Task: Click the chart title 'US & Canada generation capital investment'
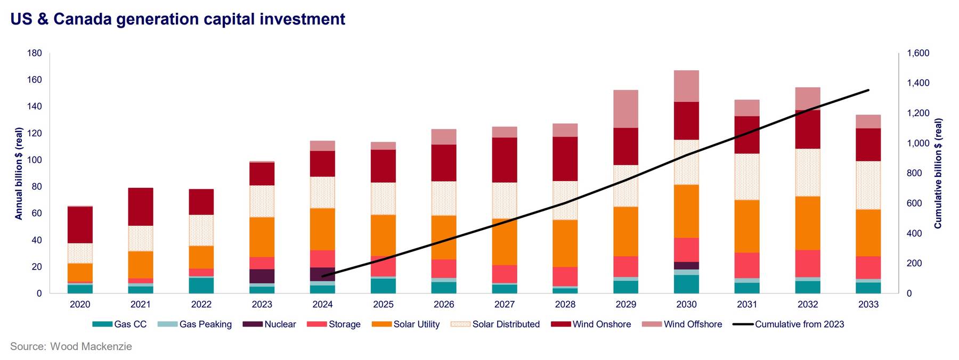tap(177, 19)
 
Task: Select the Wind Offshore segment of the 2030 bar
tap(686, 86)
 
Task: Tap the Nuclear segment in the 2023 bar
tap(262, 276)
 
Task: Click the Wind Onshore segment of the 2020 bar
tap(80, 225)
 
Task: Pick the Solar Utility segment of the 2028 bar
tap(565, 243)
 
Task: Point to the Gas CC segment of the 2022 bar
tap(201, 285)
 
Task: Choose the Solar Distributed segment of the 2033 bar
tap(868, 185)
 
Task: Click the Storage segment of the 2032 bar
tap(808, 264)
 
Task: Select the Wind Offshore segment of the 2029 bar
tap(625, 109)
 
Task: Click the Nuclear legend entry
tap(269, 324)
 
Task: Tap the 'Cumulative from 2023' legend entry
tap(789, 324)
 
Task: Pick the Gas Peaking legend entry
tap(195, 324)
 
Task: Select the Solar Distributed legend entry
tap(495, 324)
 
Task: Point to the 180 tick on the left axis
tap(34, 53)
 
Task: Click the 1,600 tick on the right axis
tap(919, 53)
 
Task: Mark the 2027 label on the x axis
tap(504, 305)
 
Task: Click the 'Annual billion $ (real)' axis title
tap(19, 174)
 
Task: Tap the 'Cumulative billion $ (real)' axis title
tap(938, 174)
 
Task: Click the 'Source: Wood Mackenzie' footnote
tap(71, 347)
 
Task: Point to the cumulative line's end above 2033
tap(868, 90)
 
